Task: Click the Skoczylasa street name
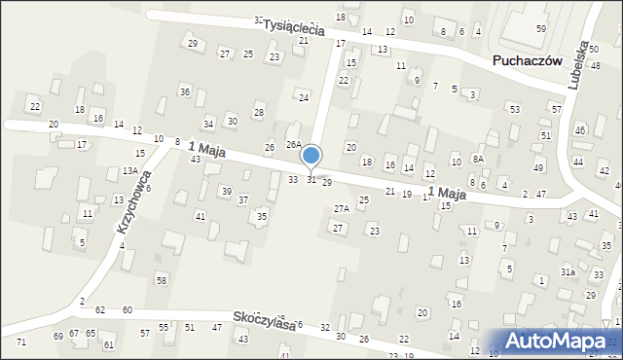(264, 321)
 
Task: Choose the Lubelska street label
(584, 65)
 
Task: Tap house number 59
(541, 29)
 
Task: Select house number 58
(162, 280)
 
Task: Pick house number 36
(184, 91)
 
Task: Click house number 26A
(292, 144)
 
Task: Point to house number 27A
(341, 209)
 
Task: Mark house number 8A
(478, 158)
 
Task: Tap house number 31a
(568, 272)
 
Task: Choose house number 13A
(129, 170)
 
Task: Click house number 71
(21, 342)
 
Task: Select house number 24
(304, 98)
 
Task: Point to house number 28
(258, 113)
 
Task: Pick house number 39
(226, 191)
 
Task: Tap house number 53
(514, 109)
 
